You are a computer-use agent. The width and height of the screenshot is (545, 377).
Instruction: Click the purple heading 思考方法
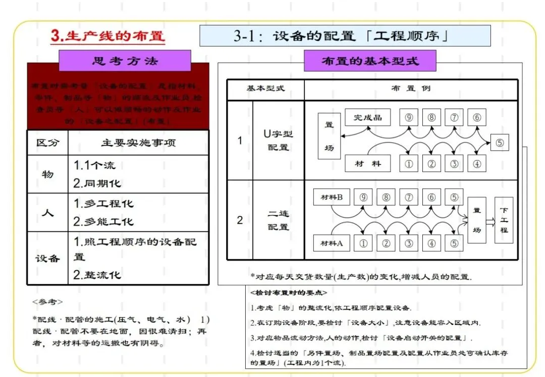[x=125, y=61]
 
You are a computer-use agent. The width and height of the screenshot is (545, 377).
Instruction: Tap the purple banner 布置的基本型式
[x=370, y=61]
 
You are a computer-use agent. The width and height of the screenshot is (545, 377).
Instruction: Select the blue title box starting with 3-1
[x=345, y=36]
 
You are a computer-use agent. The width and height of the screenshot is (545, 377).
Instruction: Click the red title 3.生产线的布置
[x=108, y=36]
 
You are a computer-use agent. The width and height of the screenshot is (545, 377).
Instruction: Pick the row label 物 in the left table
[x=47, y=174]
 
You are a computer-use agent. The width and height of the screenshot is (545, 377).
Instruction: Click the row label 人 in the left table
[x=47, y=212]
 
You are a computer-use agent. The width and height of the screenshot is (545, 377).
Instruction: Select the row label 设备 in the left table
[x=47, y=258]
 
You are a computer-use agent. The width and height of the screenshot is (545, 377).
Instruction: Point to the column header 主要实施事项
[x=138, y=143]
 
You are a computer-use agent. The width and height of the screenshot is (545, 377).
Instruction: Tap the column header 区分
[x=47, y=143]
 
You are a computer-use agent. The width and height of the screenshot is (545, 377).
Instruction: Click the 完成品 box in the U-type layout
[x=368, y=118]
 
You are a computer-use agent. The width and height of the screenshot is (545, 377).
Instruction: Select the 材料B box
[x=332, y=197]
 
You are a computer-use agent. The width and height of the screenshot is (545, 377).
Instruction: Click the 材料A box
[x=332, y=243]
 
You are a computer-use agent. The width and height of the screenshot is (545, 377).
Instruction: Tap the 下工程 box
[x=504, y=220]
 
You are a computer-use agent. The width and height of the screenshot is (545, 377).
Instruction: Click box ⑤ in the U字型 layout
[x=500, y=142]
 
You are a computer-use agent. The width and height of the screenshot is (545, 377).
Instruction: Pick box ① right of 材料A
[x=363, y=243]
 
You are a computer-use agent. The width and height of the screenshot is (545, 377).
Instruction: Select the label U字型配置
[x=278, y=141]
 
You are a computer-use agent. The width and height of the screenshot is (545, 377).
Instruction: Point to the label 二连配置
[x=278, y=220]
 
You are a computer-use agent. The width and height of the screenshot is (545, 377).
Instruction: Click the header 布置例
[x=411, y=89]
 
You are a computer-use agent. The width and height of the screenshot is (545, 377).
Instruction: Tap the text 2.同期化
[x=97, y=183]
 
